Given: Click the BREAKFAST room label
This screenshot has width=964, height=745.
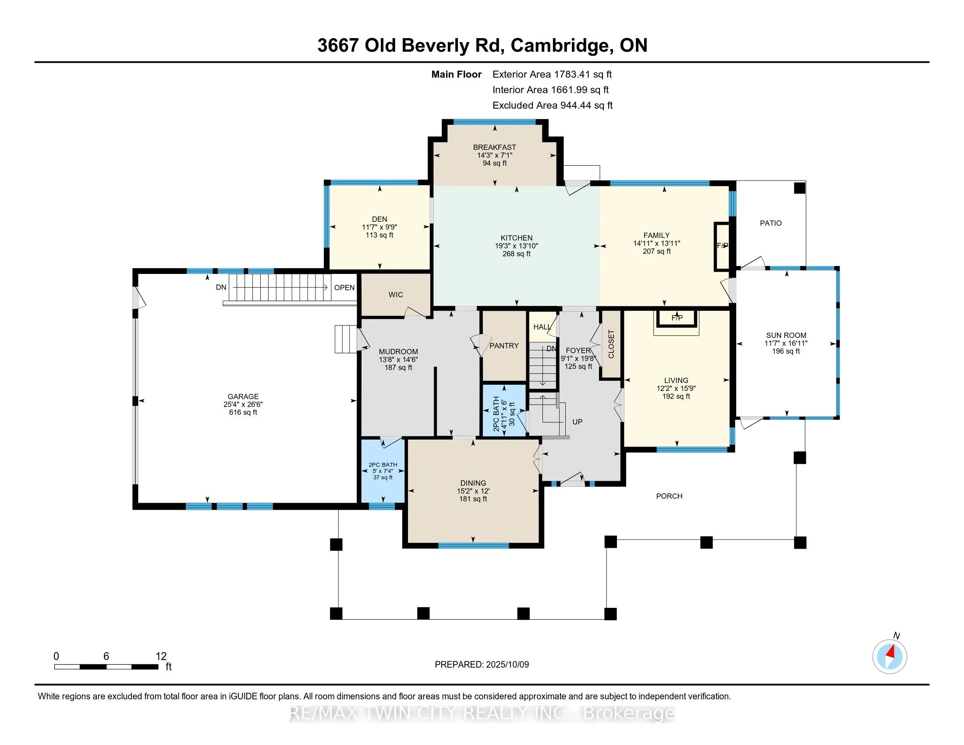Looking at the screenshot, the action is [x=494, y=147].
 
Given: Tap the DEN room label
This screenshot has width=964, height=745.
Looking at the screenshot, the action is [x=379, y=220].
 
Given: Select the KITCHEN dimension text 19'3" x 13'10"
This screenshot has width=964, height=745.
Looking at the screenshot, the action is [x=517, y=246].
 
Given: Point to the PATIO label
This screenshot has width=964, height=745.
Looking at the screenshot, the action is [x=771, y=223].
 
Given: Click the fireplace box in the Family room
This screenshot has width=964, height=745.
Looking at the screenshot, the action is [x=723, y=246].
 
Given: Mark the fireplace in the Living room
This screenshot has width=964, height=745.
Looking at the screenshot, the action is [x=677, y=318].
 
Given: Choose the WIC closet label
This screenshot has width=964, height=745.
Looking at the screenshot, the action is [x=396, y=295].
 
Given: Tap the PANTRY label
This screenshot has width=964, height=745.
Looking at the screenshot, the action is [x=504, y=346].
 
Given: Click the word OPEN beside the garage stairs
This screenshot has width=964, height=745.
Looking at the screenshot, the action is [x=344, y=288].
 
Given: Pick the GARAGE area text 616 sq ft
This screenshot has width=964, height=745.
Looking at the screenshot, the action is [x=243, y=413].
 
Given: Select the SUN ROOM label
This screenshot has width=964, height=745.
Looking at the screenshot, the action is [x=786, y=335].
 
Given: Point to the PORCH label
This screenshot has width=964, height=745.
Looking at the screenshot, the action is [x=669, y=496].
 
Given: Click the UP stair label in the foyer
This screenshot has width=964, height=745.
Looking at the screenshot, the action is [x=578, y=422].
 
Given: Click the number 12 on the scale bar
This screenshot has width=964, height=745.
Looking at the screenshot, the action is [x=161, y=656].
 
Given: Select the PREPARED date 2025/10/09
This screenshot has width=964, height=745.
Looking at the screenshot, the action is [x=507, y=665].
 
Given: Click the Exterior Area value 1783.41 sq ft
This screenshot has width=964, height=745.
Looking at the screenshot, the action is [x=583, y=74].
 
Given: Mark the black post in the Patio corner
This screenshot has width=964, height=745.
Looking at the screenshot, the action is [x=799, y=188].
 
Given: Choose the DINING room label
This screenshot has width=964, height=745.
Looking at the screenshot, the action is [x=473, y=483].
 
